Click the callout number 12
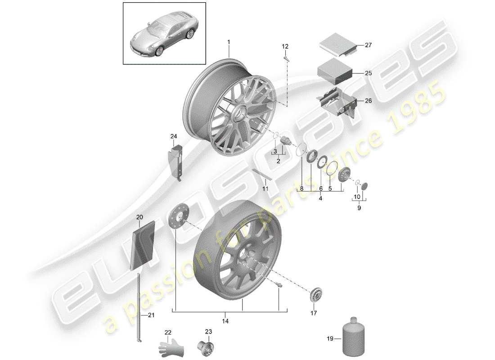[x=285, y=46]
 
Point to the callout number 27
[x=369, y=45]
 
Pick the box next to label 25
[x=334, y=70]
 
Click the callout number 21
[x=151, y=315]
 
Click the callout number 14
[x=225, y=321]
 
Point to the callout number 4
[x=321, y=198]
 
